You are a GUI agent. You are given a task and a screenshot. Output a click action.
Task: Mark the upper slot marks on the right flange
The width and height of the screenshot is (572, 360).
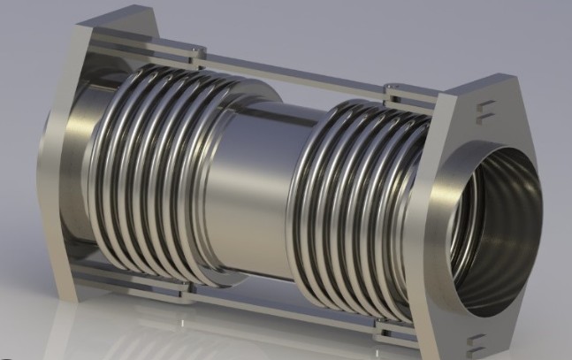click(x=483, y=110)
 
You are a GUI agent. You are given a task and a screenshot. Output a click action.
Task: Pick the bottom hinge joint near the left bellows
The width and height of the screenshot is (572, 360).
click(x=177, y=287)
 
